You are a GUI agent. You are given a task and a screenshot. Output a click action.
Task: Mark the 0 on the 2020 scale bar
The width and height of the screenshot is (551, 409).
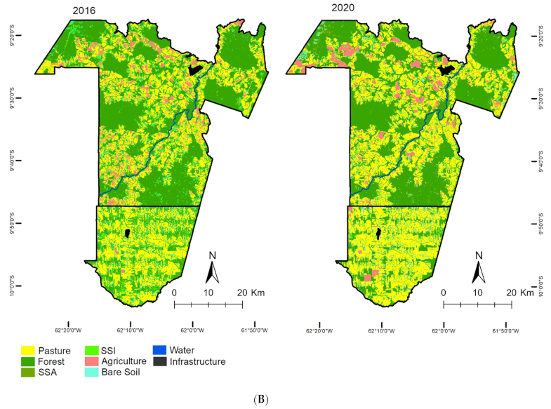click(443, 293)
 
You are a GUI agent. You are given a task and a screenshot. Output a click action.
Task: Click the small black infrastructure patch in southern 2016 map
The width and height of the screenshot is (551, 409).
click(127, 232)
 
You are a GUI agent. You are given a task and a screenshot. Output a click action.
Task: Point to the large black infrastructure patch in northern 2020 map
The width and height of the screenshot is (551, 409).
click(445, 69)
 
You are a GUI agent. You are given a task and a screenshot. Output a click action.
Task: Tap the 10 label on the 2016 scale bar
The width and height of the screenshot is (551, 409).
click(208, 292)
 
